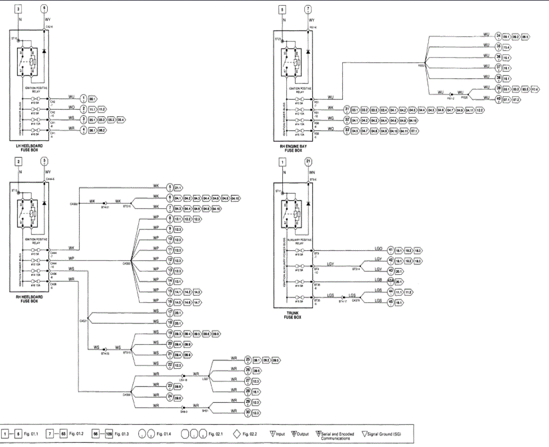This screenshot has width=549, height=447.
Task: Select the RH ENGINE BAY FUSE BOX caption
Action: (x=292, y=148)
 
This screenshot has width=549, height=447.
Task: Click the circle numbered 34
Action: (x=498, y=36)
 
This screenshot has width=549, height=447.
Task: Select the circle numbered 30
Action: (x=248, y=413)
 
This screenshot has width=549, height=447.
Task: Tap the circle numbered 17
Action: (x=170, y=312)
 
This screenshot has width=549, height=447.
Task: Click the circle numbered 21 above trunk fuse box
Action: (x=308, y=163)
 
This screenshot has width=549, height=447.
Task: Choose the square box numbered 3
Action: (x=19, y=10)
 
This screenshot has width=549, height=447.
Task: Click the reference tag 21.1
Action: (x=179, y=188)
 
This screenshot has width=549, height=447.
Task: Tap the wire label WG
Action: (x=331, y=118)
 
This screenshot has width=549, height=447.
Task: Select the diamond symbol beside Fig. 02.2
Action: (x=235, y=434)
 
